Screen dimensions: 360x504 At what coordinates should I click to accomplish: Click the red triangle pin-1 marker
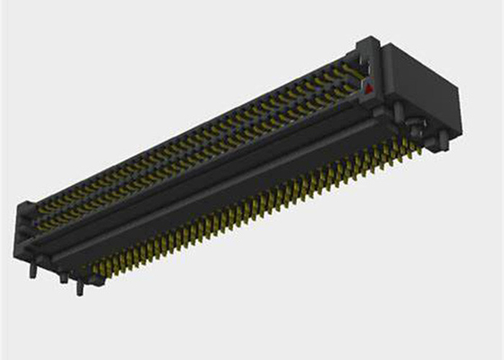(x=368, y=86)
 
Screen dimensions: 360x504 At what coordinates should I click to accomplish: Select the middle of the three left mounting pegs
(x=63, y=278)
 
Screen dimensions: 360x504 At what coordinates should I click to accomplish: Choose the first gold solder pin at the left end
(x=87, y=267)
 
